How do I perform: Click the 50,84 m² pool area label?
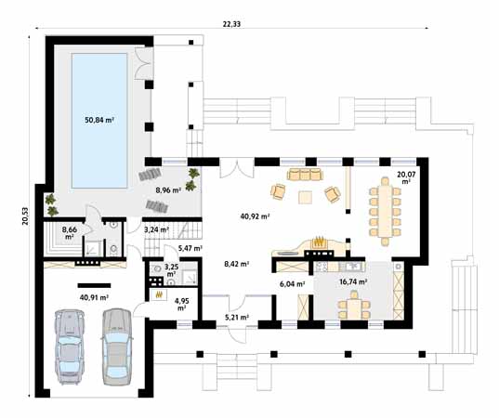pyautogui.click(x=99, y=120)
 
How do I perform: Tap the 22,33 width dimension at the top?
pyautogui.click(x=231, y=24)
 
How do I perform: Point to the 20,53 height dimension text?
pyautogui.click(x=25, y=216)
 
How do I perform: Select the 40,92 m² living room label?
pyautogui.click(x=255, y=216)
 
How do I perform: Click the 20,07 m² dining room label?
pyautogui.click(x=406, y=177)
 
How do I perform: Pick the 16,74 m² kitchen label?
pyautogui.click(x=353, y=281)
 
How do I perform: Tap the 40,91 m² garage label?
pyautogui.click(x=94, y=297)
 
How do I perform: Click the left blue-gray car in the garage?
pyautogui.click(x=70, y=346)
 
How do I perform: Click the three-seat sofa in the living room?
pyautogui.click(x=305, y=174)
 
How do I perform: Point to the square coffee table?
pyautogui.click(x=306, y=197)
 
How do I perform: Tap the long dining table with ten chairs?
pyautogui.click(x=385, y=211)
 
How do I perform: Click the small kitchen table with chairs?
pyautogui.click(x=353, y=307)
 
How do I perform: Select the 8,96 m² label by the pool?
pyautogui.click(x=168, y=190)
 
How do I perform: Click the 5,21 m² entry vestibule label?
pyautogui.click(x=236, y=317)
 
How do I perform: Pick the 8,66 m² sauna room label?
pyautogui.click(x=70, y=232)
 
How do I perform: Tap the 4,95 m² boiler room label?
pyautogui.click(x=181, y=304)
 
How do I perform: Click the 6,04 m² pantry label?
pyautogui.click(x=293, y=284)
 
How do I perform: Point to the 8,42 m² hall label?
pyautogui.click(x=236, y=264)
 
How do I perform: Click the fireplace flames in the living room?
pyautogui.click(x=319, y=242)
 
